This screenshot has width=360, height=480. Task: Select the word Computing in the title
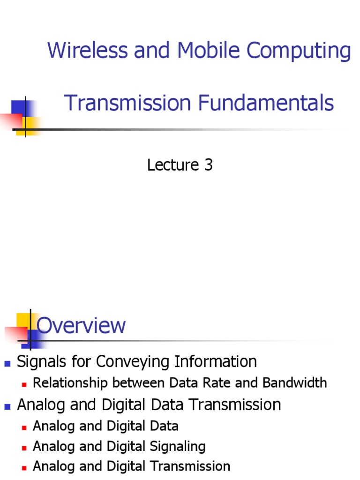pyautogui.click(x=299, y=51)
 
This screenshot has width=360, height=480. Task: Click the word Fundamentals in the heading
pyautogui.click(x=266, y=103)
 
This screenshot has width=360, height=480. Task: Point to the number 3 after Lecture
pyautogui.click(x=209, y=165)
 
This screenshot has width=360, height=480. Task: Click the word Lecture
pyautogui.click(x=173, y=165)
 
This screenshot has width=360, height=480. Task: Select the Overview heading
pyautogui.click(x=81, y=325)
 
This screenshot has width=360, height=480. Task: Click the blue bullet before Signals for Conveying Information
pyautogui.click(x=7, y=364)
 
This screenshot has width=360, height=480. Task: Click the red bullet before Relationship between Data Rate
pyautogui.click(x=24, y=385)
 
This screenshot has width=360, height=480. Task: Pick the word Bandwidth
pyautogui.click(x=294, y=382)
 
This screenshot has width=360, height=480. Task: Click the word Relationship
pyautogui.click(x=70, y=383)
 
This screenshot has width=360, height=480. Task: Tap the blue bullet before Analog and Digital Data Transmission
pyautogui.click(x=7, y=407)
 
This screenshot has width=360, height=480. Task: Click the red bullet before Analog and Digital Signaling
pyautogui.click(x=24, y=448)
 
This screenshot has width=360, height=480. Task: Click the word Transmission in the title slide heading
pyautogui.click(x=127, y=103)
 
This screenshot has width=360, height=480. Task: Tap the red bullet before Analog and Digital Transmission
pyautogui.click(x=24, y=468)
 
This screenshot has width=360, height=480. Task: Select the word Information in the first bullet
pyautogui.click(x=216, y=361)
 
